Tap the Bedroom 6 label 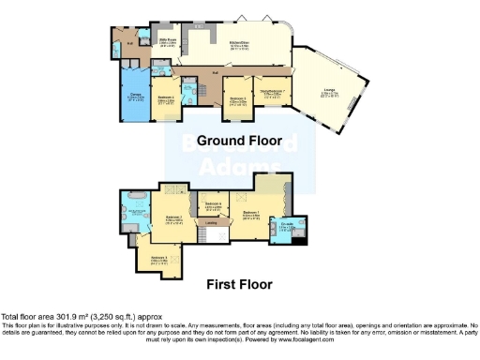click(x=212, y=204)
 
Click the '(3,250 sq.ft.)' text click(x=112, y=317)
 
